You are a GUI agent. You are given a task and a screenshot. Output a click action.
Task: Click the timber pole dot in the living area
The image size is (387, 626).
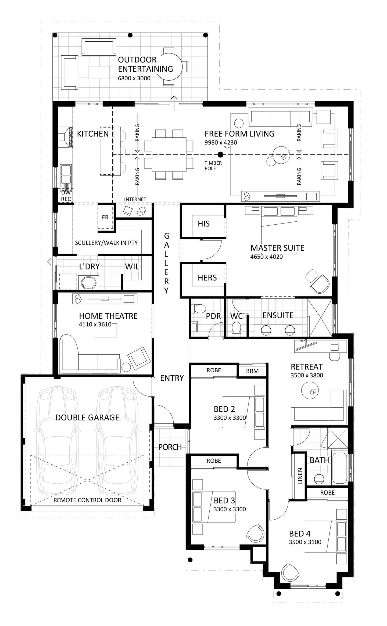(220, 154)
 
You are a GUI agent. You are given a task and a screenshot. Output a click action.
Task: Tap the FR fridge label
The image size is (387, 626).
(105, 217)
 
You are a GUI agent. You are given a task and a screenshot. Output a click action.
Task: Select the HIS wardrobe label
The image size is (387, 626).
(203, 224)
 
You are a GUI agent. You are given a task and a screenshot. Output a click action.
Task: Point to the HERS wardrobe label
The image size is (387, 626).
(207, 278)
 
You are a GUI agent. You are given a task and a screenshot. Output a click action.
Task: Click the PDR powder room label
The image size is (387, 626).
(213, 316)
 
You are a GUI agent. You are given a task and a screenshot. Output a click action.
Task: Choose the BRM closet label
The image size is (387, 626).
(252, 371)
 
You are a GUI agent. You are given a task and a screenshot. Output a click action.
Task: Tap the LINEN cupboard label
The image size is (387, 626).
(300, 476)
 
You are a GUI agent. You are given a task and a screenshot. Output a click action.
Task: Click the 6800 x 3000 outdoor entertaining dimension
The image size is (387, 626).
(134, 78)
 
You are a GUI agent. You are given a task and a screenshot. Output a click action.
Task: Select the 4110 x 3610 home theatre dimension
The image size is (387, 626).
(95, 324)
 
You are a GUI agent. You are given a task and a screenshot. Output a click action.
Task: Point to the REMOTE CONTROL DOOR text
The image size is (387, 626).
(87, 500)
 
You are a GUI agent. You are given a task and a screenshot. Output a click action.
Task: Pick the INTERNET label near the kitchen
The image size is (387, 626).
(135, 199)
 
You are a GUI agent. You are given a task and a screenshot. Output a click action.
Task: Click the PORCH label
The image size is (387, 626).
(170, 447)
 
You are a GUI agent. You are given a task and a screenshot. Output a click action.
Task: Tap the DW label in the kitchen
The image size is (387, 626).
(66, 193)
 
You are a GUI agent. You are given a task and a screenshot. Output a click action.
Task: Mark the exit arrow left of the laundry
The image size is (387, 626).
(51, 261)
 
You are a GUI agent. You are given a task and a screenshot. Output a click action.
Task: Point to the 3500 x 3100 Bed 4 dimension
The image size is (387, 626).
(305, 542)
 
